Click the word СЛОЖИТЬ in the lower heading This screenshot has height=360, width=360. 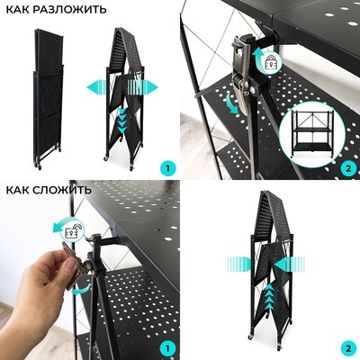click(62, 190)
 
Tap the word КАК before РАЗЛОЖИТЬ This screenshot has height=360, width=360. click(18, 9)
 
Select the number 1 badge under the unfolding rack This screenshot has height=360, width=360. click(167, 168)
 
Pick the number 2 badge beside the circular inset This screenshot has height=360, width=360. click(348, 168)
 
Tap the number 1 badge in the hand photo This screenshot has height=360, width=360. click(167, 348)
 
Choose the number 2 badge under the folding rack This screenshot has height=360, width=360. click(348, 348)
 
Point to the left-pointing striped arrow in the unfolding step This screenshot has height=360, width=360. click(96, 87)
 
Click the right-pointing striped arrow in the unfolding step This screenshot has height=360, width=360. click(143, 87)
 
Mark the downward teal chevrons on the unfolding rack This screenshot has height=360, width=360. click(122, 120)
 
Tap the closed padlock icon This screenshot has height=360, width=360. click(268, 63)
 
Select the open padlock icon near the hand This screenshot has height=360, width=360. click(73, 231)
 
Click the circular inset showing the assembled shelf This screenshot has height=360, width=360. click(311, 133)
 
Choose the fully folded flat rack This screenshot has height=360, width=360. click(48, 99)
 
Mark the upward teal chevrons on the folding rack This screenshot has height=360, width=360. click(269, 296)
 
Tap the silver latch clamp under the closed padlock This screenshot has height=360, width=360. click(244, 76)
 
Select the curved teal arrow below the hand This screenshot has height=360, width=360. click(83, 290)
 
